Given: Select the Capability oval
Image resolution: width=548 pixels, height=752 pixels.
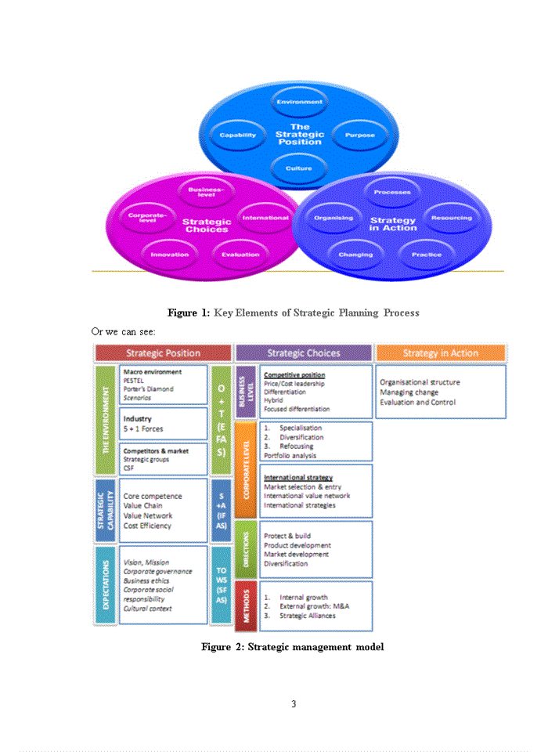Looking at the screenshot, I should point(238,135).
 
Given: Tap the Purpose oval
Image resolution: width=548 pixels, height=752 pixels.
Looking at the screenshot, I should point(359,135).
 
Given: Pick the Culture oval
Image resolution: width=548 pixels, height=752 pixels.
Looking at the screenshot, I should point(299,168).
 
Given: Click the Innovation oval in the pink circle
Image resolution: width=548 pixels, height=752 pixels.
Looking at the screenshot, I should point(170,254).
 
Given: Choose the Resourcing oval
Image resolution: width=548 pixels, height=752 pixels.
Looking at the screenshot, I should point(451,218).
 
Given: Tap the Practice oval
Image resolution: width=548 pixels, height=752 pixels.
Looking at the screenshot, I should point(427,254).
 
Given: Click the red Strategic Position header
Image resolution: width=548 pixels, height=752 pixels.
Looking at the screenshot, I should point(163,353).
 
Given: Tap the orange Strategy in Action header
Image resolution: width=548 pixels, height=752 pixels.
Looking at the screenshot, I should point(440,353).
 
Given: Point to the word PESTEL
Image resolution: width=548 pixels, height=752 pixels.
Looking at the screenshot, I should point(134,381).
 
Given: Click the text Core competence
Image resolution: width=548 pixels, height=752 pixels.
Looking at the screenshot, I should point(153,496).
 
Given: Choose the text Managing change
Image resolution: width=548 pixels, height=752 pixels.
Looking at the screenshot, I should point(409,392).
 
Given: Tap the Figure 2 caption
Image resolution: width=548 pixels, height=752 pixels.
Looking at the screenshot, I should point(292,647).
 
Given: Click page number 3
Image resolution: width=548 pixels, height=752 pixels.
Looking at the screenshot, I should point(294,703).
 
